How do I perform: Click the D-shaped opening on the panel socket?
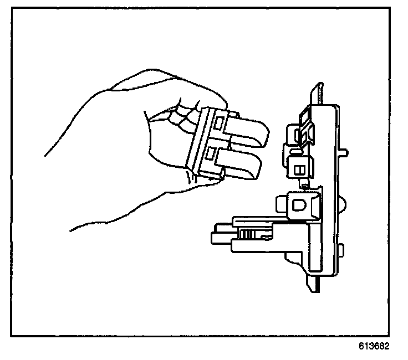pyautogui.click(x=298, y=204)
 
